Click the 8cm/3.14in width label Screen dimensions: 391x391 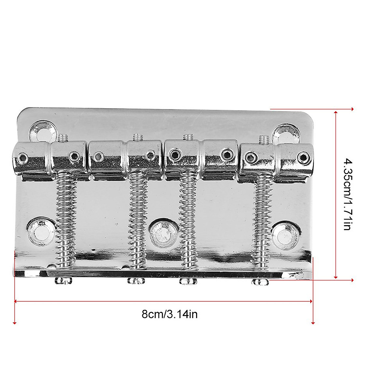169,314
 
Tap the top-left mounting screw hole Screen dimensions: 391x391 42,131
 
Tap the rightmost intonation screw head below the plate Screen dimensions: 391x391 260,282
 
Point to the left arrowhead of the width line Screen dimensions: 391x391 16,301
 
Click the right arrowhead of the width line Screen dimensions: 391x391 311,301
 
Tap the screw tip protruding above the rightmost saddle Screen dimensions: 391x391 262,139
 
